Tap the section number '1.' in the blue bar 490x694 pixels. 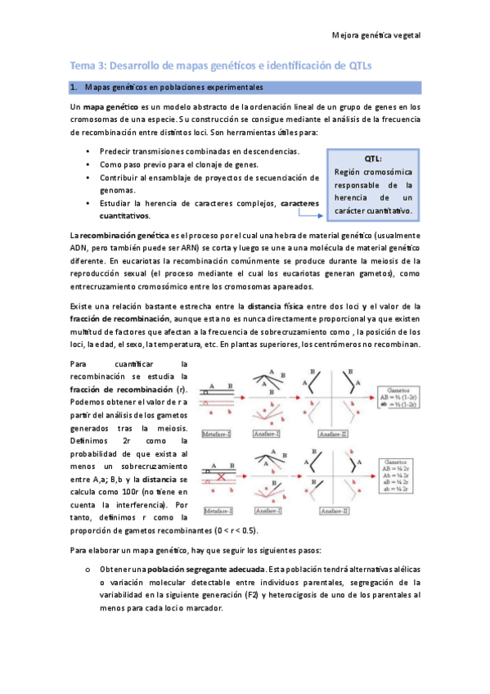(74, 87)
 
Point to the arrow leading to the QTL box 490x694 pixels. (308, 214)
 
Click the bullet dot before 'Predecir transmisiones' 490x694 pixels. (88, 151)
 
